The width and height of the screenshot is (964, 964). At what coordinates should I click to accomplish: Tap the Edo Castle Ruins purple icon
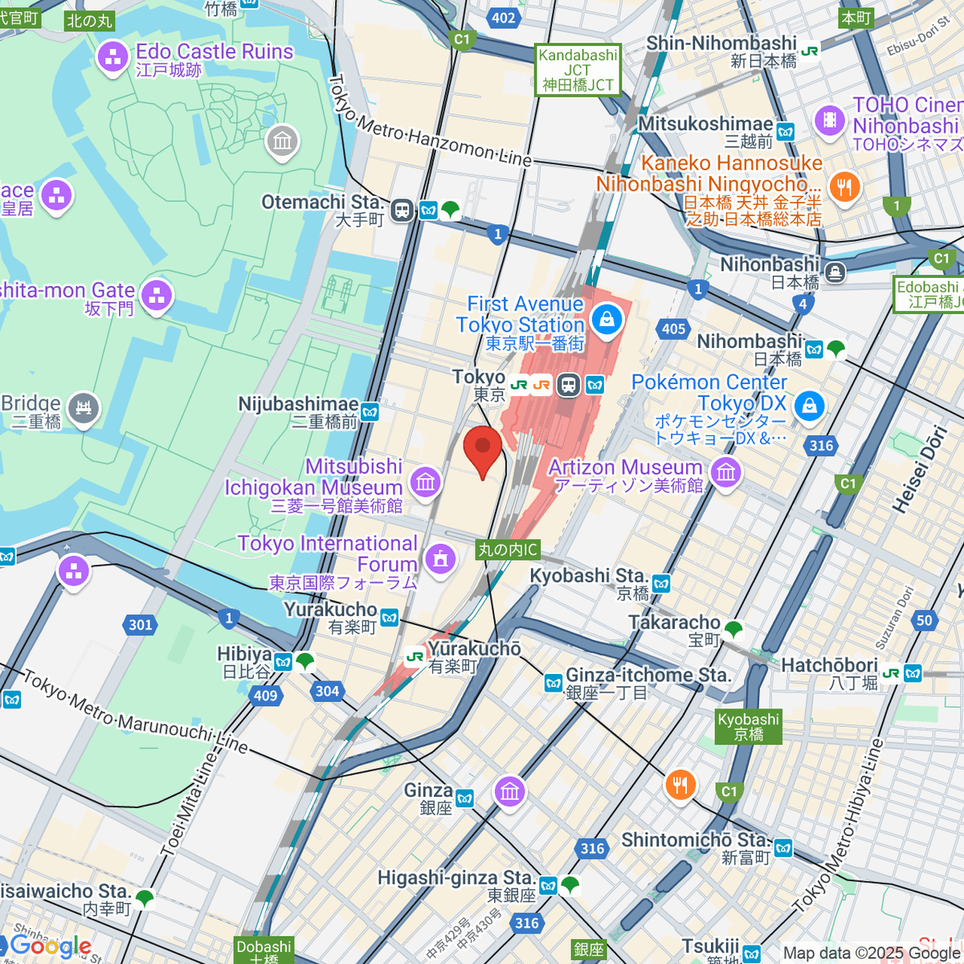click(x=112, y=57)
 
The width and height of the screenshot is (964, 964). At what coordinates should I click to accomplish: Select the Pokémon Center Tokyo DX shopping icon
click(x=809, y=406)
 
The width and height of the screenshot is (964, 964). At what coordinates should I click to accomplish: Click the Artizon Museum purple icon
click(x=726, y=472)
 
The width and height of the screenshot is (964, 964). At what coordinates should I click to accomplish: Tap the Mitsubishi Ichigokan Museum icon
click(x=425, y=482)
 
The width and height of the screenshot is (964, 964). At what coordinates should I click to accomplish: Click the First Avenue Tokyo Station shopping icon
click(x=607, y=321)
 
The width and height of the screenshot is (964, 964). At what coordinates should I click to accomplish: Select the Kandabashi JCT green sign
click(x=578, y=70)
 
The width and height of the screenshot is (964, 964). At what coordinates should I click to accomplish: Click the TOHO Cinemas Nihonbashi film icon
click(x=830, y=121)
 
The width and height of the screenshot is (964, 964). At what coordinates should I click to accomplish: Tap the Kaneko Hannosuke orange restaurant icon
click(x=843, y=188)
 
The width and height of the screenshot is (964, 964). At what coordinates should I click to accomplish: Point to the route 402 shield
click(x=504, y=18)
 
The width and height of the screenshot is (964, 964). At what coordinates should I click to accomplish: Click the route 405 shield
click(x=673, y=329)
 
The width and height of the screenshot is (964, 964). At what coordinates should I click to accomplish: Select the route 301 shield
click(x=141, y=624)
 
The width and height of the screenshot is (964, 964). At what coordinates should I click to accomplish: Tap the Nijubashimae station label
click(x=298, y=404)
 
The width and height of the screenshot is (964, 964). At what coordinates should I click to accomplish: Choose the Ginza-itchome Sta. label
click(x=647, y=676)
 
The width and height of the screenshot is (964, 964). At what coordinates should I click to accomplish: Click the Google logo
click(x=51, y=946)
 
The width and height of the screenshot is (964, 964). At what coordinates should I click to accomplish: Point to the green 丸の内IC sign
click(x=508, y=549)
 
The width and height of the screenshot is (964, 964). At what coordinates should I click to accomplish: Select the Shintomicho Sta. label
click(x=696, y=840)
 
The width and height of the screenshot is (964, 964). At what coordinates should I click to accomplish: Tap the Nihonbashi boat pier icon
click(x=835, y=272)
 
